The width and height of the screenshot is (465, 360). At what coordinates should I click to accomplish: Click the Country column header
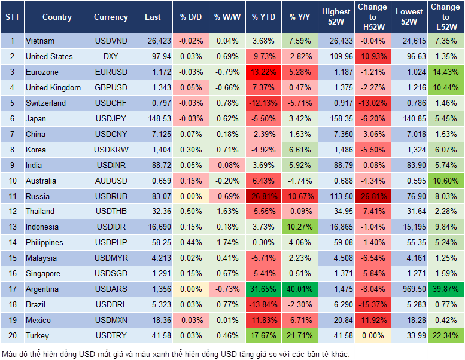point(57,17)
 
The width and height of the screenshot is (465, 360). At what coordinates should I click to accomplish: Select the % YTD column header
point(264,17)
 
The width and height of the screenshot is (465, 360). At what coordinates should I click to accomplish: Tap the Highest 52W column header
point(336,17)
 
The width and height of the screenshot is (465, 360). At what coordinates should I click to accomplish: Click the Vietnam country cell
point(41,41)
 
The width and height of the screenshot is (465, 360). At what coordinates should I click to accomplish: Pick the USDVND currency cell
point(111,41)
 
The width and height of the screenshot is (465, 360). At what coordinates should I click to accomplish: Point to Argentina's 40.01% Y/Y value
point(300,289)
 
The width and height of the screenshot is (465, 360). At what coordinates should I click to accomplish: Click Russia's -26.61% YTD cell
point(264,196)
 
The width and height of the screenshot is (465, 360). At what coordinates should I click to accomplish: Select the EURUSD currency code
point(111,72)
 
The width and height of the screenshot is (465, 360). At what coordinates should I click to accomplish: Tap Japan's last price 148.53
point(154,118)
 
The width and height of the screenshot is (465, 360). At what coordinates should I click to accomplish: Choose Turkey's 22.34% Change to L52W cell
point(445,335)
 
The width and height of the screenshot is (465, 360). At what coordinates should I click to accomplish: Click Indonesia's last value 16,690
point(154,227)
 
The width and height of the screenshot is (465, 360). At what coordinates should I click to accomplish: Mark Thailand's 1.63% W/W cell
point(226,211)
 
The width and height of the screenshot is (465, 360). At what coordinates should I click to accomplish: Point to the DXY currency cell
point(111,56)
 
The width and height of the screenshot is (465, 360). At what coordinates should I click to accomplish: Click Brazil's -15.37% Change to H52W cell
point(372,304)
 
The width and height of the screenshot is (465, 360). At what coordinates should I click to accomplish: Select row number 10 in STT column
point(12,181)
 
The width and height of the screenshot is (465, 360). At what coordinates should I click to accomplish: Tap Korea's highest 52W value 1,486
point(336,150)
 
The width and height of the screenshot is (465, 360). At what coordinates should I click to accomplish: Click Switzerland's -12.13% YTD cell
point(264,103)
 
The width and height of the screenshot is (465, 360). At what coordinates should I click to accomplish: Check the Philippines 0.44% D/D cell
point(190,242)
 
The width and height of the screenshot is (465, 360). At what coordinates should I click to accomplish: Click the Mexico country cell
point(39,320)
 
